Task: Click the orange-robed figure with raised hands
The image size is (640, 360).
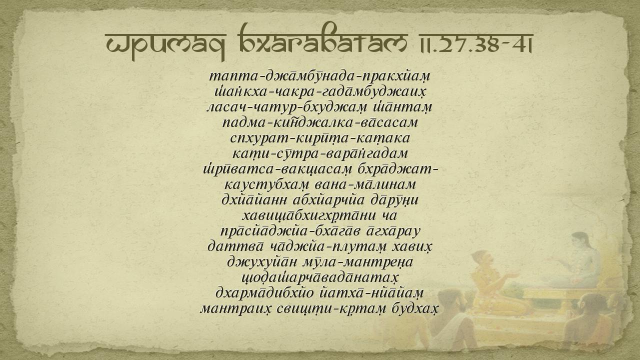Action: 494,283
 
